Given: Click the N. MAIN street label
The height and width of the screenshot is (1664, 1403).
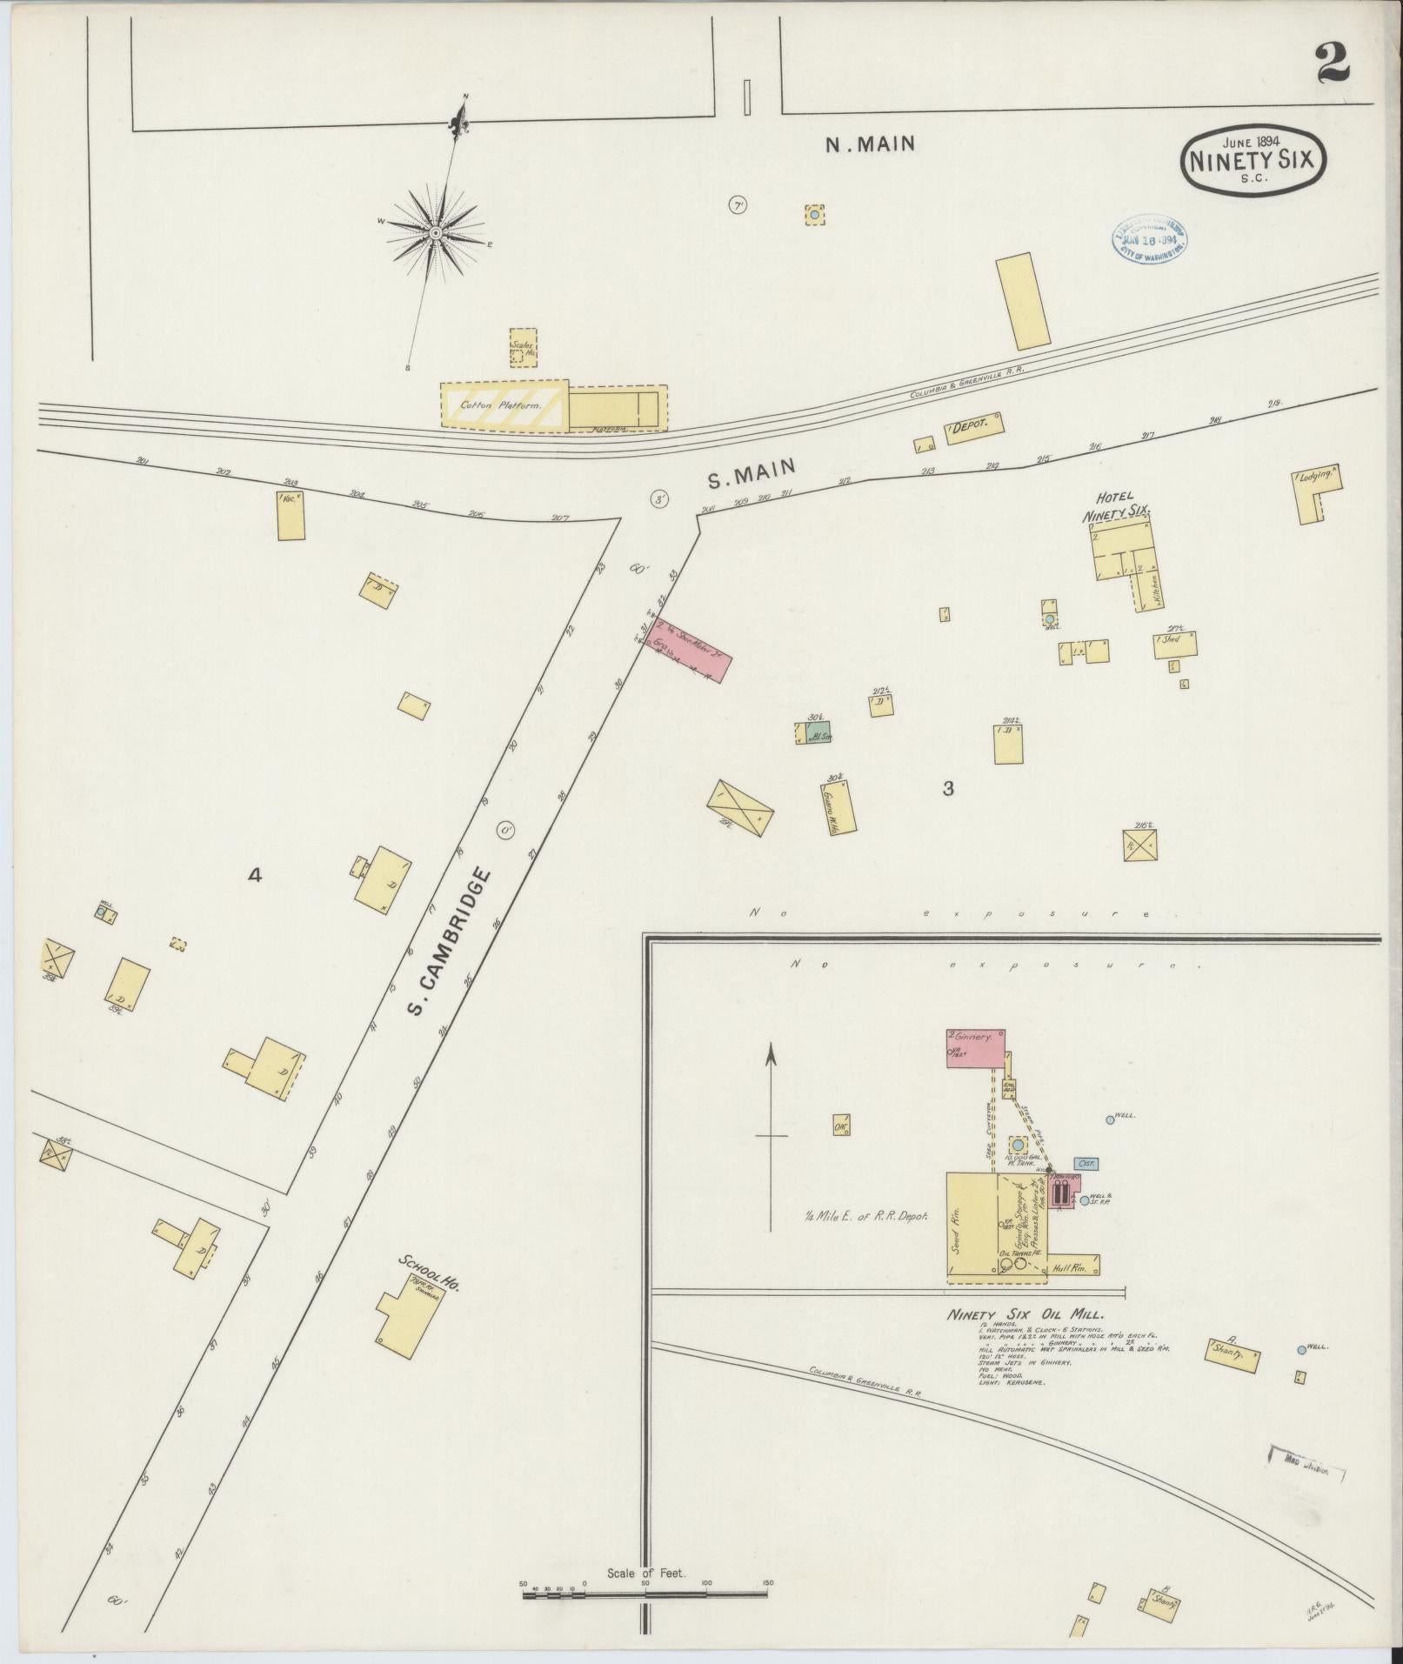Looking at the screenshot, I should tap(870, 144).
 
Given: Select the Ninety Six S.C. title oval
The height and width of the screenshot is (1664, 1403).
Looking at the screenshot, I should tap(1253, 160).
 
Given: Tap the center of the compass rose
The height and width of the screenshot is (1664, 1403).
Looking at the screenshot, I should tap(435, 232).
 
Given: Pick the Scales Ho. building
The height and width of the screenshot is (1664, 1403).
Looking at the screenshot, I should tap(523, 348).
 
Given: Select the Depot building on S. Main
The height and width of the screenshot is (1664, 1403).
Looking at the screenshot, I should tap(973, 428).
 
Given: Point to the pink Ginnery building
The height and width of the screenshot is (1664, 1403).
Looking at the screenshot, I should tap(975, 1047).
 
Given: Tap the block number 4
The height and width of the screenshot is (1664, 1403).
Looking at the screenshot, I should tap(255, 876).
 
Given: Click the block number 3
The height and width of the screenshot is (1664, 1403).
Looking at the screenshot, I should tap(948, 789).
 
